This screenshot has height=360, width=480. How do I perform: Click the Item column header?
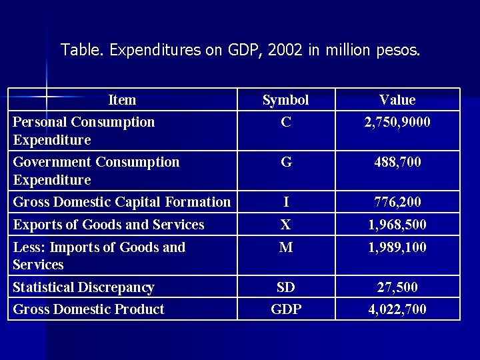[x=122, y=100]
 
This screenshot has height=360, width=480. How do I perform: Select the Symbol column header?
[x=285, y=100]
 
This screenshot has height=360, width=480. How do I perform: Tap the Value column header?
[x=397, y=100]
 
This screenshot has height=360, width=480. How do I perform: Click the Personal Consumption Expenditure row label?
[x=83, y=131]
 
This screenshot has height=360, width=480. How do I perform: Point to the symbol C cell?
[x=285, y=122]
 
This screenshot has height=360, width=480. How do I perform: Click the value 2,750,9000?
[x=397, y=122]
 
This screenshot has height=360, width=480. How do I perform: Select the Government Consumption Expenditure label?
[x=96, y=171]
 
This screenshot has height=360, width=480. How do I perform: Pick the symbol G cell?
[x=285, y=162]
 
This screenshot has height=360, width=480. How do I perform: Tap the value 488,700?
[x=397, y=162]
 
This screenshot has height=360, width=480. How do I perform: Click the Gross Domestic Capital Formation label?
[x=121, y=202]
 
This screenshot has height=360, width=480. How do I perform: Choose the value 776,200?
[x=397, y=202]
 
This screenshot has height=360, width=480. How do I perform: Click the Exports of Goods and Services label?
[x=109, y=225]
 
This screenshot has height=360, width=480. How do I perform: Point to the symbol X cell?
[x=285, y=225]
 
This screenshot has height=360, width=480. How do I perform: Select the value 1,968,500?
[x=397, y=225]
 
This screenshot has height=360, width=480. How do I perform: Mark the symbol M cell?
[x=285, y=247]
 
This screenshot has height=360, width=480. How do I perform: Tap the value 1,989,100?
[x=397, y=247]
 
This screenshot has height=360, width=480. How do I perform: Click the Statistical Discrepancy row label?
[x=83, y=287]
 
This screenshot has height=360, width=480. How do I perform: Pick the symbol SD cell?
[x=285, y=287]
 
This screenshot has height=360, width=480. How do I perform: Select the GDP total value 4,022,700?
[x=397, y=309]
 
